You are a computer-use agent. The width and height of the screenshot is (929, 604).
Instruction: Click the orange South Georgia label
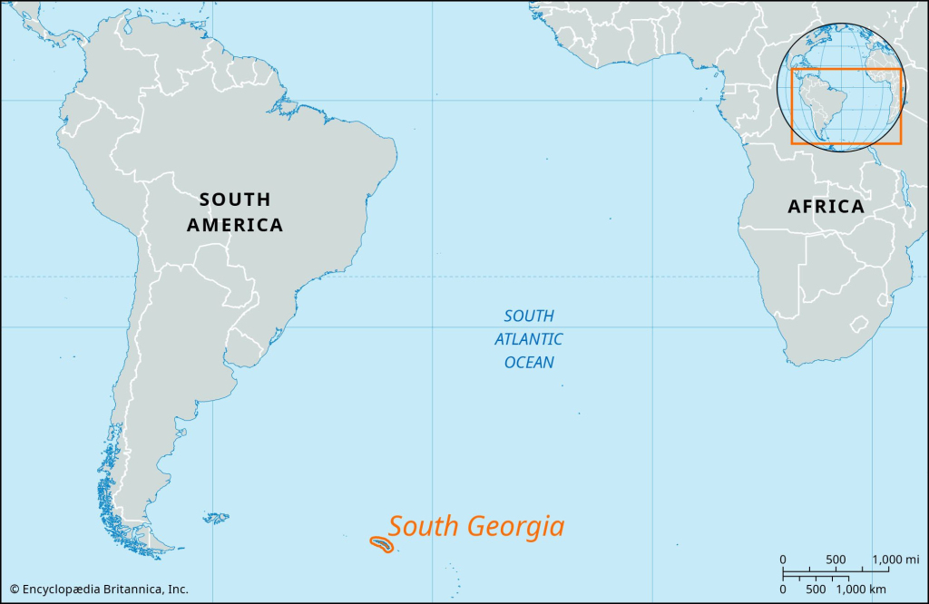[x=476, y=527]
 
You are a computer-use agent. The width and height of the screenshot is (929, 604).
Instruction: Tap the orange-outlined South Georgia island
[x=382, y=545]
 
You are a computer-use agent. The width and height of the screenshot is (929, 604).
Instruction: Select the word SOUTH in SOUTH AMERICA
[x=235, y=200]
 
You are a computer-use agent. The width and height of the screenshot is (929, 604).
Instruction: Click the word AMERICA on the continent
[x=235, y=225]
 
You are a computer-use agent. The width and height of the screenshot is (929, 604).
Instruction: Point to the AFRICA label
[x=826, y=207]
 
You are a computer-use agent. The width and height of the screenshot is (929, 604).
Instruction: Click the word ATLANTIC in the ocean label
[x=529, y=339]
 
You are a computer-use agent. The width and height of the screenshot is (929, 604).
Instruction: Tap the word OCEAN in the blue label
[x=529, y=363]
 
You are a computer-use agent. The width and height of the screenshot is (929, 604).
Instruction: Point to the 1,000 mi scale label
[x=896, y=559]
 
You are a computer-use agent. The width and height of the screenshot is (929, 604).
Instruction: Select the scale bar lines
[x=827, y=573]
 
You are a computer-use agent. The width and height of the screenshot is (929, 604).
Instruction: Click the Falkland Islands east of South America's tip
[x=216, y=518]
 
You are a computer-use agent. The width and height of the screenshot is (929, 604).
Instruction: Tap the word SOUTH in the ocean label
[x=529, y=316]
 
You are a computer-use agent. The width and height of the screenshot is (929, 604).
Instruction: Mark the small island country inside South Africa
[x=858, y=322]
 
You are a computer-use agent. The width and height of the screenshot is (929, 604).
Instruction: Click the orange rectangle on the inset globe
[x=846, y=106]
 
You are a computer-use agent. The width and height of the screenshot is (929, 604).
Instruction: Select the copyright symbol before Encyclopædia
[x=14, y=588]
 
